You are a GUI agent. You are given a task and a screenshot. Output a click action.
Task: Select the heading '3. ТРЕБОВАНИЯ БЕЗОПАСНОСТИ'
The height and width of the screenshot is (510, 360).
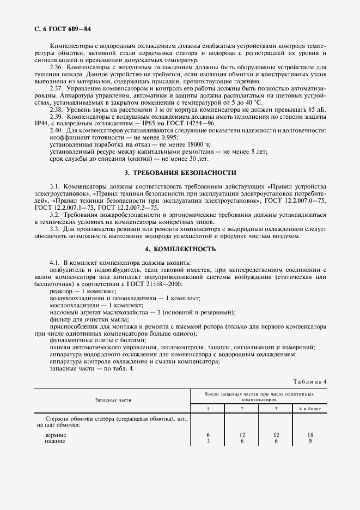180,173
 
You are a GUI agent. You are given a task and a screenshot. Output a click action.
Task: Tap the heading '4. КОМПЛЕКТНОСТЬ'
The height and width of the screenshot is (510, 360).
180,248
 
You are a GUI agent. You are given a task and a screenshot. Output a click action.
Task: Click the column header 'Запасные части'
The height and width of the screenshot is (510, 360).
113,400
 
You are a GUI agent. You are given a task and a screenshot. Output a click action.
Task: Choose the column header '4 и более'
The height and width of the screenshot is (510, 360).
310,408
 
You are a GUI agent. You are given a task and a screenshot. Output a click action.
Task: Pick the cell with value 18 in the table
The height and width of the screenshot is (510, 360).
310,435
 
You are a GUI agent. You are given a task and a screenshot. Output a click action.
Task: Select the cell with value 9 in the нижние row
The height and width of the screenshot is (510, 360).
310,441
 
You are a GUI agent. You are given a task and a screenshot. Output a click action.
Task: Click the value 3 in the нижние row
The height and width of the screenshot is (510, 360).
209,441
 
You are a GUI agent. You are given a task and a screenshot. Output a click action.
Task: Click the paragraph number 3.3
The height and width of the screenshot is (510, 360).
55,229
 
